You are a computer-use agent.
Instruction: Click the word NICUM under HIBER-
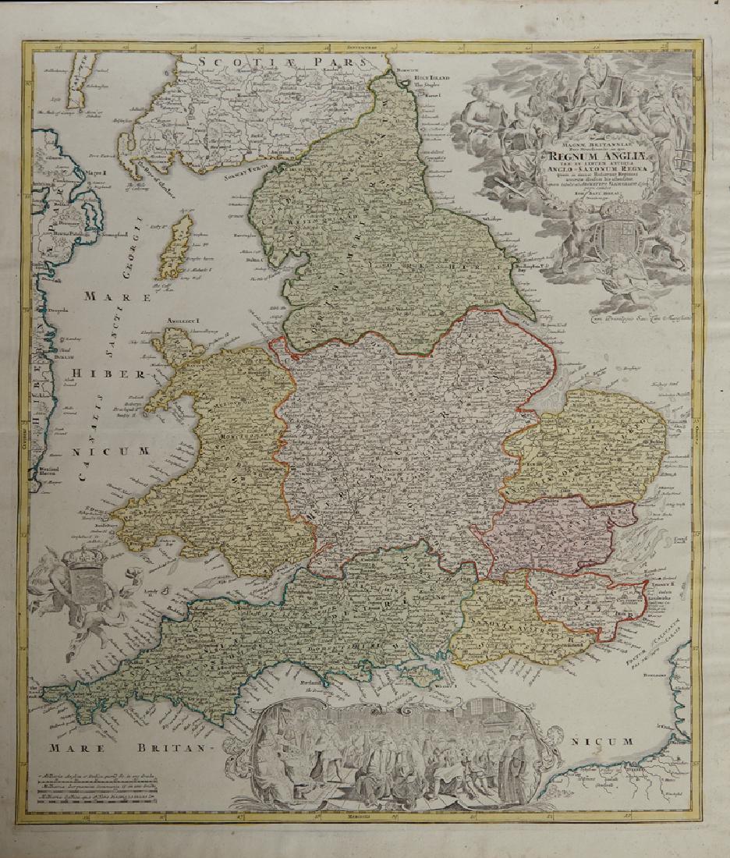(118, 451)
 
